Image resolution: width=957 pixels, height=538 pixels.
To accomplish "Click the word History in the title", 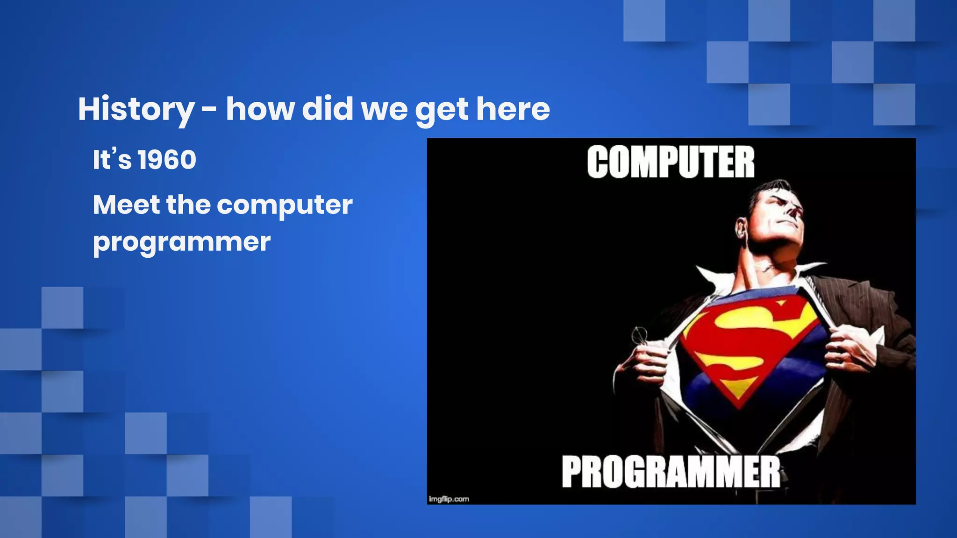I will pyautogui.click(x=136, y=109).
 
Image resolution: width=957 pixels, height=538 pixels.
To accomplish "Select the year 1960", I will pyautogui.click(x=167, y=160).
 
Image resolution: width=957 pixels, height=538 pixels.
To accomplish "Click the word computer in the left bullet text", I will pyautogui.click(x=285, y=206).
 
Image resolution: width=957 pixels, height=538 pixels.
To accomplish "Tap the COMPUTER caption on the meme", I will pyautogui.click(x=671, y=162).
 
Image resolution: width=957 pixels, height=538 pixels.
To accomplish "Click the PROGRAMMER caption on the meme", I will pyautogui.click(x=671, y=472).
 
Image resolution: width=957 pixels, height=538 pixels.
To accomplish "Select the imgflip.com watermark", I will pyautogui.click(x=449, y=499).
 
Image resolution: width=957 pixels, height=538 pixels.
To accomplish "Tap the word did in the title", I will pyautogui.click(x=327, y=109).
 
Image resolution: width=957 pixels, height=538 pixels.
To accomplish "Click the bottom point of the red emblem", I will pyautogui.click(x=739, y=406).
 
